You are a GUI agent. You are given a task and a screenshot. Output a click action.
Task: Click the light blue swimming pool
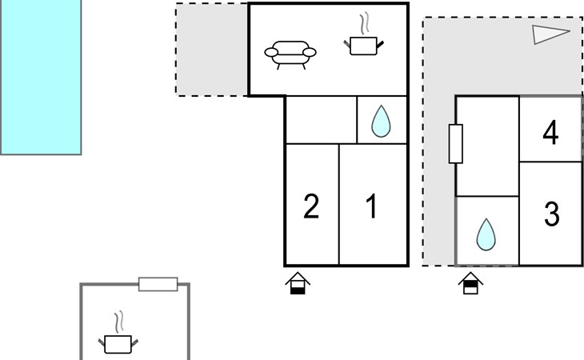(x=41, y=77)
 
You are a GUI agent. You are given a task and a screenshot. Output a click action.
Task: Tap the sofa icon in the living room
(x=290, y=54)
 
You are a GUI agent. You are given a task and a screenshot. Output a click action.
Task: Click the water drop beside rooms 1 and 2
(x=381, y=121)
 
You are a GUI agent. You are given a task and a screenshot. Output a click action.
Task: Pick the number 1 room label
(x=372, y=206)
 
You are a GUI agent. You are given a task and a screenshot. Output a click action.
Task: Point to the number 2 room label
(x=311, y=206)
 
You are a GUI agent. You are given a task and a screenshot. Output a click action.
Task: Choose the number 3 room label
(x=551, y=214)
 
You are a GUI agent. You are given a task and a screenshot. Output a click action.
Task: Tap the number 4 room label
(x=550, y=133)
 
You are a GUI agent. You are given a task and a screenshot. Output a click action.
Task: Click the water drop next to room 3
(x=486, y=234)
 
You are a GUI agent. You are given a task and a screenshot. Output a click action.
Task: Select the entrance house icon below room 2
(x=298, y=283)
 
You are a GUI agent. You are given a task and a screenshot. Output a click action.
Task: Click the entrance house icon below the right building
(x=470, y=283)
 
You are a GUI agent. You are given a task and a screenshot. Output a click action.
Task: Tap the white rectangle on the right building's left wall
(x=456, y=144)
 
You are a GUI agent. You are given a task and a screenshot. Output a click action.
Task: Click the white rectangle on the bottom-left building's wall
(x=158, y=284)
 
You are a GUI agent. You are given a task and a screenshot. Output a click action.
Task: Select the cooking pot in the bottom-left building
(x=118, y=344)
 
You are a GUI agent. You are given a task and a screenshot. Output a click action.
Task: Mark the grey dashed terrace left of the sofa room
(x=212, y=50)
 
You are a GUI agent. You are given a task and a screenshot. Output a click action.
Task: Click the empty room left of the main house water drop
(x=321, y=120)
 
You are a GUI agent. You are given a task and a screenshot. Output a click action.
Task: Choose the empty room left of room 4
(x=487, y=146)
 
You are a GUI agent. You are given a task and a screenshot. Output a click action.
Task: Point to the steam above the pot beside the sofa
(x=365, y=24)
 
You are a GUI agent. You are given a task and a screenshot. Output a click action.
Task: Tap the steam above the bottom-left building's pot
(x=119, y=322)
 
